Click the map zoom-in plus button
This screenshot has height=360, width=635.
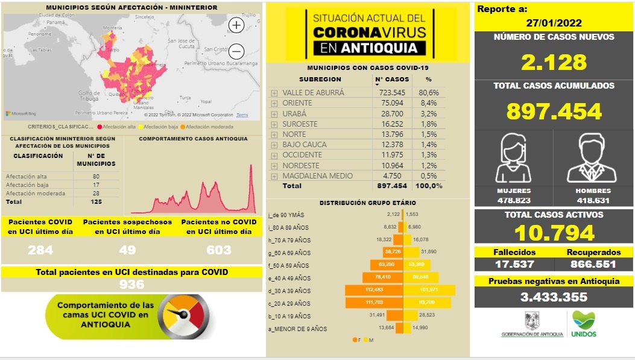click(x=236, y=25)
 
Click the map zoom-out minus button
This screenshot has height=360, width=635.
click(x=236, y=51)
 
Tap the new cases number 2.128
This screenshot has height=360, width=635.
click(x=554, y=62)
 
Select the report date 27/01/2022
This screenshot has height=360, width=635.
click(x=554, y=24)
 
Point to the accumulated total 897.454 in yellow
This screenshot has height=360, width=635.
click(x=554, y=112)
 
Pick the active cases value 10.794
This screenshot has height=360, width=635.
click(x=554, y=233)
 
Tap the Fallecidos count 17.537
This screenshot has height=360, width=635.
click(x=514, y=264)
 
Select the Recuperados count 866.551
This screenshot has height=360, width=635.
click(x=593, y=264)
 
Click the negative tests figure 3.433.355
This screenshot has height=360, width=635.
click(x=554, y=297)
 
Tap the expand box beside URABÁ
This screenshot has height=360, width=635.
click(x=274, y=114)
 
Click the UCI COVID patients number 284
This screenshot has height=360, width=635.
click(x=40, y=250)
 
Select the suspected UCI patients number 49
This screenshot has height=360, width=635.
click(x=128, y=250)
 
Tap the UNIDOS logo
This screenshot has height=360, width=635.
click(x=584, y=324)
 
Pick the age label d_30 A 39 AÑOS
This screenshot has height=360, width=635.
click(x=289, y=291)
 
